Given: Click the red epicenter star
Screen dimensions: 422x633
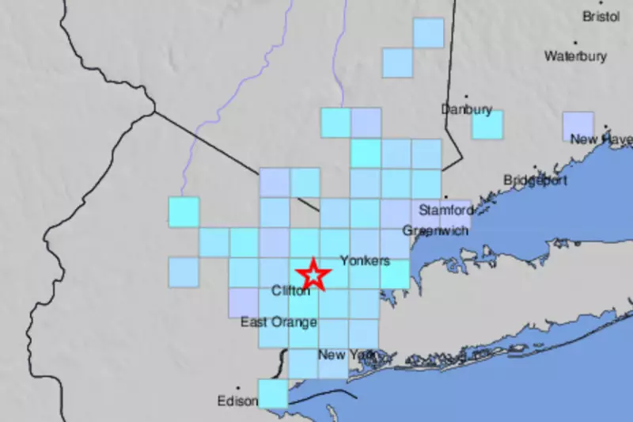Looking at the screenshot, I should coord(313,275).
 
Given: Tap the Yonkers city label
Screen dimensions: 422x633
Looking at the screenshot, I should coord(365,260).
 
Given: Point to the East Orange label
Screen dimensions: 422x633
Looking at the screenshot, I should coord(279,322).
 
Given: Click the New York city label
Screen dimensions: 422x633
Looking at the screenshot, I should coord(343,355).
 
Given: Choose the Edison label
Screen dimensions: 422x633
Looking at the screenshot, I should coord(237,401).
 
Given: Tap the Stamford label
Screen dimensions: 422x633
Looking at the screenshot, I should coord(445,211).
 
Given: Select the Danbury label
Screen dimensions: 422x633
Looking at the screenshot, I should coord(467,109).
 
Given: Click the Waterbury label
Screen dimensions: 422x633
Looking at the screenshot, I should coord(575,56).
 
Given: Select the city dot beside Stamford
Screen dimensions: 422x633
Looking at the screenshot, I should coord(445,198).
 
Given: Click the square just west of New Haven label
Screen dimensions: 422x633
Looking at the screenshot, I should coord(578,127).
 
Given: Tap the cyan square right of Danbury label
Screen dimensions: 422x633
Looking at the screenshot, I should coord(487,124).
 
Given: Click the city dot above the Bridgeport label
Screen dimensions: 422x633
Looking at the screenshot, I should coord(535,168).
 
